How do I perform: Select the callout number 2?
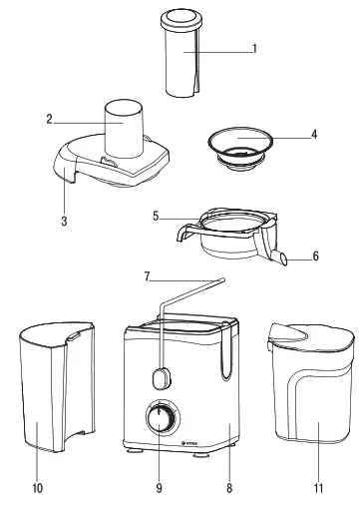tap(48, 119)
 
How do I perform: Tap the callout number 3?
tap(64, 222)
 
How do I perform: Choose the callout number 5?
tap(156, 216)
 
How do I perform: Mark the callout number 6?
tap(316, 257)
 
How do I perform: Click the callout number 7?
tap(147, 276)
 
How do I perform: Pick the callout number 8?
tap(228, 488)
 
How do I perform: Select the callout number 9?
tap(159, 488)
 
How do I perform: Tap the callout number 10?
tap(37, 488)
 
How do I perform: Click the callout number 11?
tap(318, 488)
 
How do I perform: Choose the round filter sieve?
tap(237, 147)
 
